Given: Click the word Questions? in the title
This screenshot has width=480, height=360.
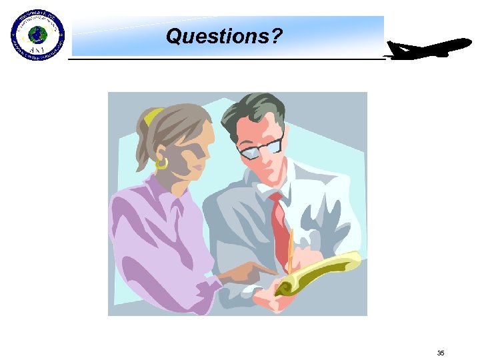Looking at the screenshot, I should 225,36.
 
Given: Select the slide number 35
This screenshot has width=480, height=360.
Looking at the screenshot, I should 440,353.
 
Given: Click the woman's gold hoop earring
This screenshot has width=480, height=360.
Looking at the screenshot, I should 161,162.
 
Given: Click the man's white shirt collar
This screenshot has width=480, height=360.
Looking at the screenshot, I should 267,187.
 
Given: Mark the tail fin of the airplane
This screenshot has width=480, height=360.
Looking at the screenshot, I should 395,48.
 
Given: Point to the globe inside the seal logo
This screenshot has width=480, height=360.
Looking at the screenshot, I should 37,33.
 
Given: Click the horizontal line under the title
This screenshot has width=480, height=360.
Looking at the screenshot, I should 227,59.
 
